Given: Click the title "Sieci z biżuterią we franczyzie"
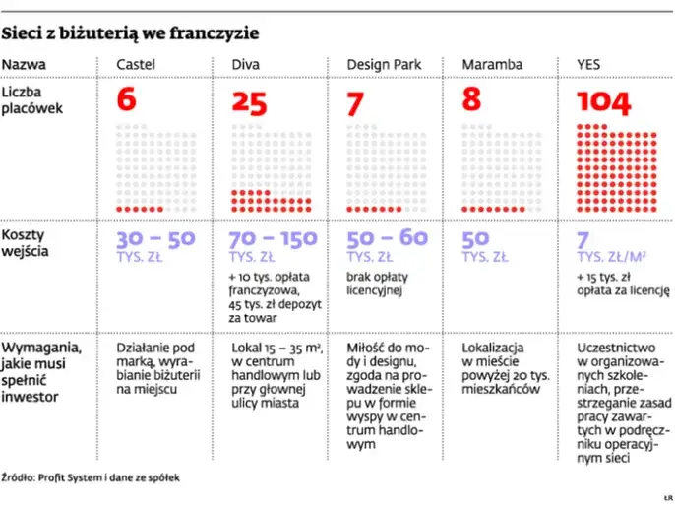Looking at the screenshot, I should pos(131,33).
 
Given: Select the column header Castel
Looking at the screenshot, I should pos(136,65).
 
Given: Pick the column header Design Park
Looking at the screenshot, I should pos(384,65).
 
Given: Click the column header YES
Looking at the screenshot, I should pos(588,65).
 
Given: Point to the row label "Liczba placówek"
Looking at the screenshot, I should pos(31,99).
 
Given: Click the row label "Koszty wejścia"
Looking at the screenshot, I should pos(30,243).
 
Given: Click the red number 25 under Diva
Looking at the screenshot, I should pos(249,102).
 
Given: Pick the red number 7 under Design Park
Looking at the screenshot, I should pos(356,102).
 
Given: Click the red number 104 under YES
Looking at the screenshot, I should pos(604,102).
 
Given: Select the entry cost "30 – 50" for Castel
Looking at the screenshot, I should pos(155,239).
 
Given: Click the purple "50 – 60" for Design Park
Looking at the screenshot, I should pos(388,239).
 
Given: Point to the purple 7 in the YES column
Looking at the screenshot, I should pos(583,239).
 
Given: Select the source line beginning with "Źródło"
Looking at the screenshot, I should pos(91,476).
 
